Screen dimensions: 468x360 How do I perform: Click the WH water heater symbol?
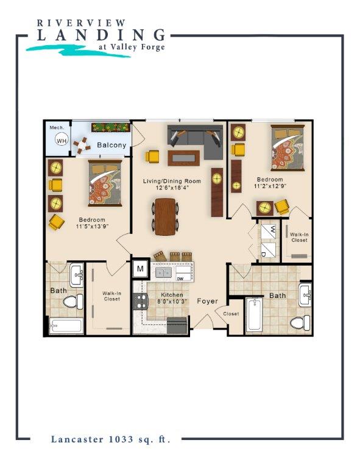point(61,140)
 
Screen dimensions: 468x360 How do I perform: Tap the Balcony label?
point(111,145)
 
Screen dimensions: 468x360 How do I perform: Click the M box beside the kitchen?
point(140,269)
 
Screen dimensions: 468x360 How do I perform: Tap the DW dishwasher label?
point(180,278)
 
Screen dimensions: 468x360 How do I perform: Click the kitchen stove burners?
point(140,300)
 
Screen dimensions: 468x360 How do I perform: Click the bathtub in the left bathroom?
point(66,325)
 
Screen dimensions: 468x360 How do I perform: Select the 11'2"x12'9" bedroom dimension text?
point(269,188)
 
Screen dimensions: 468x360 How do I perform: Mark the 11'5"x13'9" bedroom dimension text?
point(91,227)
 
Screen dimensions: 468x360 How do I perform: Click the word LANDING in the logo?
point(101,35)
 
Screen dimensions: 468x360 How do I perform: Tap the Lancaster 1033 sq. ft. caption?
point(110,438)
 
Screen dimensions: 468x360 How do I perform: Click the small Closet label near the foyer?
point(231,314)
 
